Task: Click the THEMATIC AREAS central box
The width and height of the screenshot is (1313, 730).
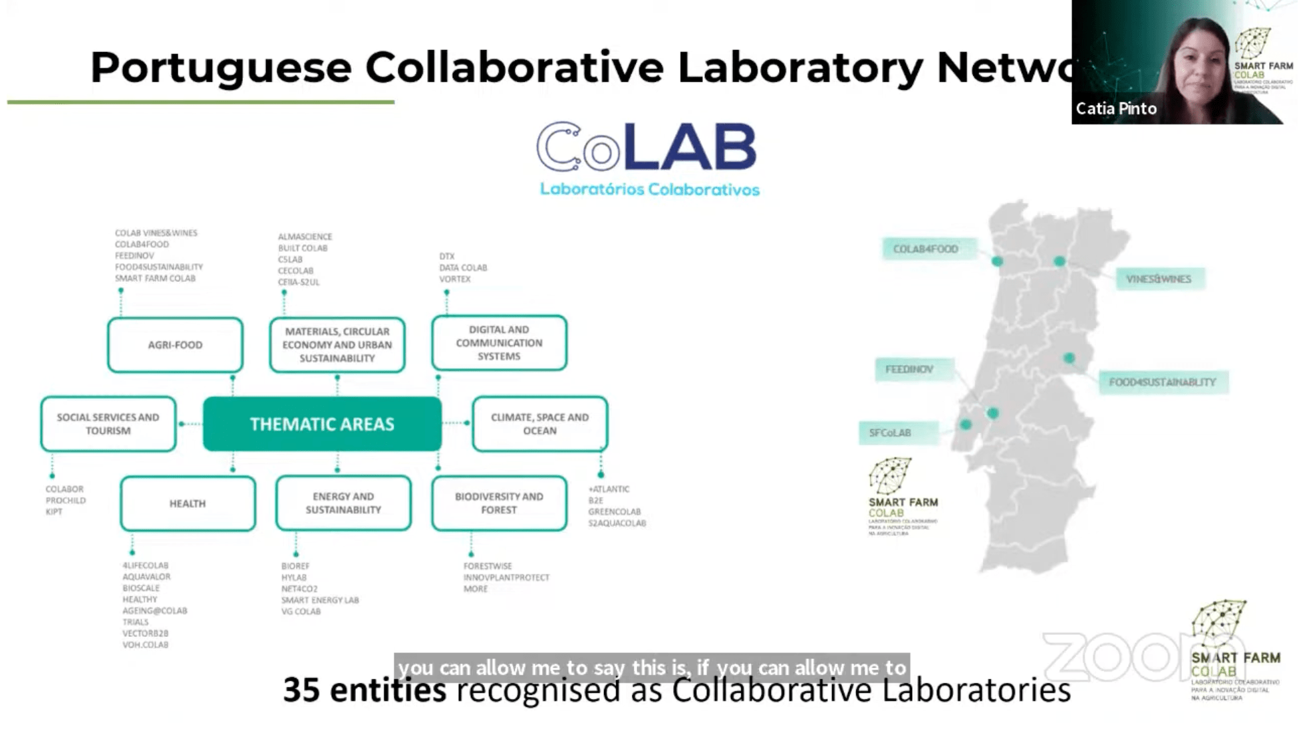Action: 322,424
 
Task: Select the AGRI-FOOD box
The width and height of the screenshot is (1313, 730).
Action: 175,345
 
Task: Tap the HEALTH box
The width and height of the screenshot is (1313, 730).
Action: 188,504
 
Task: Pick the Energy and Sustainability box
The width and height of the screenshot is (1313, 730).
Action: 343,503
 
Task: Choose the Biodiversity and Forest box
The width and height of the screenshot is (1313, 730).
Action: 499,503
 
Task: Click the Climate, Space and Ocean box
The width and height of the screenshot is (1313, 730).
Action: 539,424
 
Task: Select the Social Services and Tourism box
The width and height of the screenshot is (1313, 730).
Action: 108,424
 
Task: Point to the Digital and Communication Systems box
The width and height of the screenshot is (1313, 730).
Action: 499,343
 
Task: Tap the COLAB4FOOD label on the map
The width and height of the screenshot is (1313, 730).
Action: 925,249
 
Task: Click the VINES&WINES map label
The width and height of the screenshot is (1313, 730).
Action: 1159,279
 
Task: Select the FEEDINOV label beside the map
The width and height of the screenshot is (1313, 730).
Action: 909,370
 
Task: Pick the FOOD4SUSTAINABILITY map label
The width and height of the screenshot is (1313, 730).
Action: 1162,382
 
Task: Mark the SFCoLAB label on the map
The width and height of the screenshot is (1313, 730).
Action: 890,433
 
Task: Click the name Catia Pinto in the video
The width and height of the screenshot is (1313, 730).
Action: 1116,108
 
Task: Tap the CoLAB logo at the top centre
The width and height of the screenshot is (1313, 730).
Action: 647,148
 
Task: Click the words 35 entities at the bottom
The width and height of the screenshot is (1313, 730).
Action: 364,691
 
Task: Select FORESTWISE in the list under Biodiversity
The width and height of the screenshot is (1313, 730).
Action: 488,566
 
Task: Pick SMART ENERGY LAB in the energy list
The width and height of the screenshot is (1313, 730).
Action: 319,600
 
